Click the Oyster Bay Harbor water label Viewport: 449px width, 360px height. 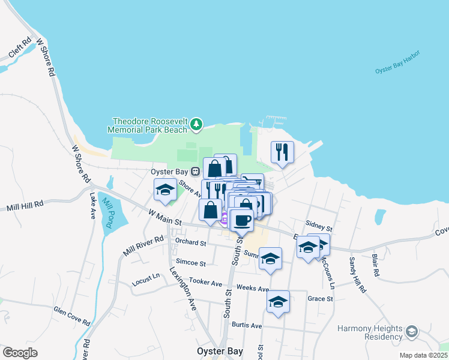pyautogui.click(x=398, y=62)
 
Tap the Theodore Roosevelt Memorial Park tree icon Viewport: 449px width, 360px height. pyautogui.click(x=196, y=124)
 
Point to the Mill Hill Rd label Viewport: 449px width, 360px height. pyautogui.click(x=25, y=206)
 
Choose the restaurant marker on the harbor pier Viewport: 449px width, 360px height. pyautogui.click(x=282, y=152)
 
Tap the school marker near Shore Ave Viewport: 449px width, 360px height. pyautogui.click(x=165, y=190)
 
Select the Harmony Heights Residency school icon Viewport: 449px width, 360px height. pyautogui.click(x=411, y=332)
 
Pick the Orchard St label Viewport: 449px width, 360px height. pyautogui.click(x=190, y=244)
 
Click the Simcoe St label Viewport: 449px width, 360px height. pyautogui.click(x=191, y=263)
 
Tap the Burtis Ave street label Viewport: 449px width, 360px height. pyautogui.click(x=248, y=325)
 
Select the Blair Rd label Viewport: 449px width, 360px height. pyautogui.click(x=376, y=264)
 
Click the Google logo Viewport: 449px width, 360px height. pyautogui.click(x=20, y=352)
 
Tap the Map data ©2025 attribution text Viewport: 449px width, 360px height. pyautogui.click(x=423, y=355)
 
